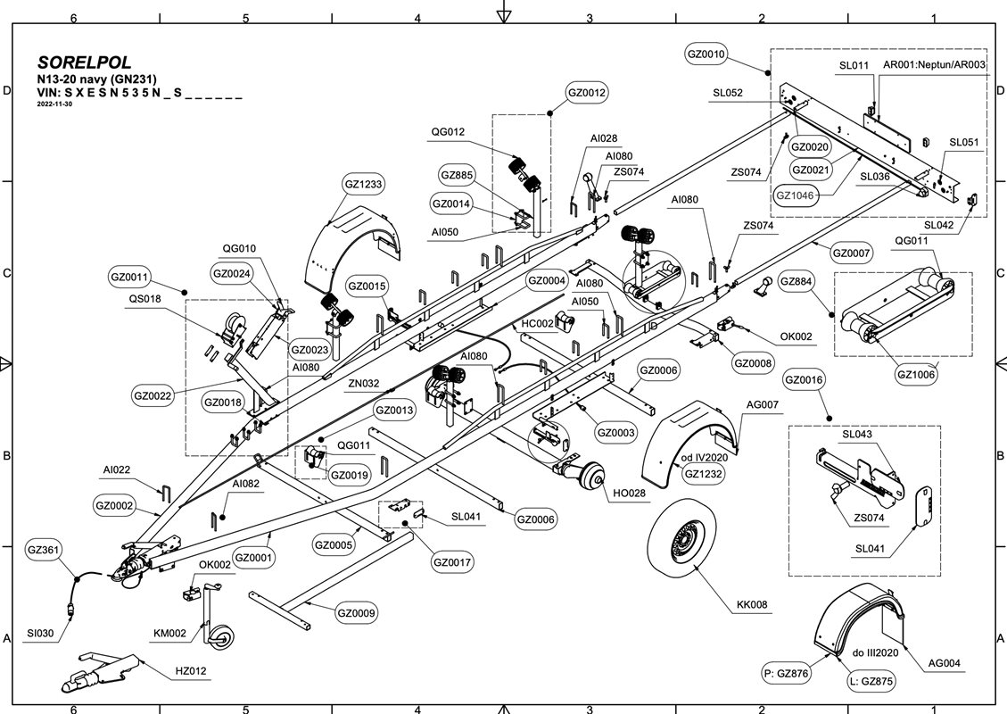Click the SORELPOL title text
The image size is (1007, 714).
85,63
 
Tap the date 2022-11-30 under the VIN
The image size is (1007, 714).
54,104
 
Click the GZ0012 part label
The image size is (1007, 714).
587,92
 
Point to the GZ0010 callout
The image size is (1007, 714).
706,54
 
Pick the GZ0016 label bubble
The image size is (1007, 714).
804,380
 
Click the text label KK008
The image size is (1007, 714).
752,606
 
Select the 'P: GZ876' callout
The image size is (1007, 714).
786,674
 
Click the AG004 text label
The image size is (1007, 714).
947,663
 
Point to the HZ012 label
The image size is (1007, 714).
190,670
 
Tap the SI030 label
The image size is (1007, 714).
40,633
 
